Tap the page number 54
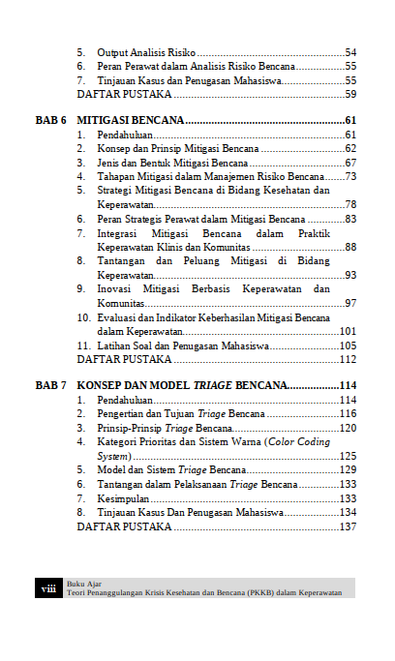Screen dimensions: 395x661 pos(350,51)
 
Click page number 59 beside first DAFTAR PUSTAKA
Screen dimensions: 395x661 pos(350,95)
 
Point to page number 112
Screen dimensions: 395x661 pos(349,360)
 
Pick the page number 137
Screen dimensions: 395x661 pos(349,526)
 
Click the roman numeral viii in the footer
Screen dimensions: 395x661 pos(48,588)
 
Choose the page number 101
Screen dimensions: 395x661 pos(349,331)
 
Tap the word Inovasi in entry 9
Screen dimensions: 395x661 pos(116,289)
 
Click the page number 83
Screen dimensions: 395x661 pos(350,220)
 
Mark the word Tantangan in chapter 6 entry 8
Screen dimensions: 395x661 pos(124,261)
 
